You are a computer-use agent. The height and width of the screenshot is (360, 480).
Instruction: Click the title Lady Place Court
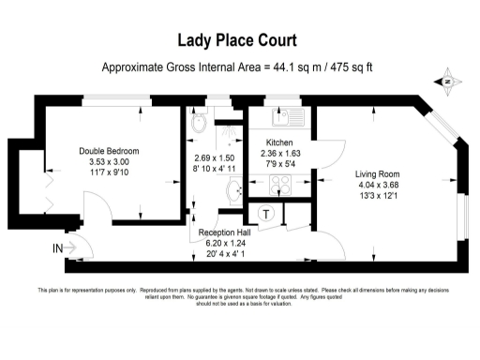(239, 40)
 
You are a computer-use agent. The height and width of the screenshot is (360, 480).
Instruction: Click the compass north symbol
(447, 82)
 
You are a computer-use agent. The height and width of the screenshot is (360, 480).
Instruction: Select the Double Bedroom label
(109, 151)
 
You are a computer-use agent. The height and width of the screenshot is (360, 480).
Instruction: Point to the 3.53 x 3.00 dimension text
(109, 162)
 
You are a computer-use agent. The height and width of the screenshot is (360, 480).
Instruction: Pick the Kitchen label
(280, 143)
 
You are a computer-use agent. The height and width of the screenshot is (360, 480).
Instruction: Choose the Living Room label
(377, 173)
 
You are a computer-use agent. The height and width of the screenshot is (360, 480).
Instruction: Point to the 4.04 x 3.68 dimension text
(377, 186)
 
